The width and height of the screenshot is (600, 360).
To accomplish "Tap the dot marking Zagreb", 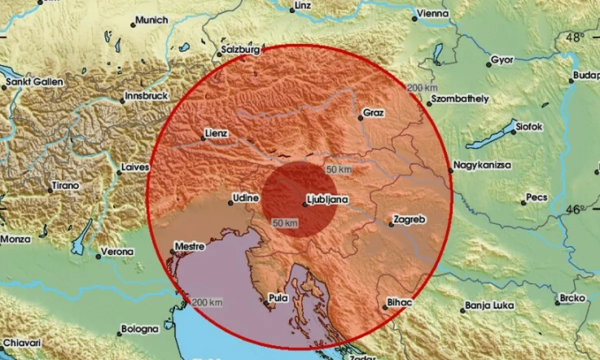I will click(391, 225).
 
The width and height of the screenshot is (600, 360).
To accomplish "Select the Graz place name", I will click(373, 113).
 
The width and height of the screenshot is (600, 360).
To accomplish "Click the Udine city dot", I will click(230, 202).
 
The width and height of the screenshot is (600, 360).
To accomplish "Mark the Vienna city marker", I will click(414, 19).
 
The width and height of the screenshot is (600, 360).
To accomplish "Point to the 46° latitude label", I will click(575, 209).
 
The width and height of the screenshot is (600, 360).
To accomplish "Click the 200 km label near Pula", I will click(207, 302).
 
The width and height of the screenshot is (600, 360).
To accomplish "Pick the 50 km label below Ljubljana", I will click(285, 222).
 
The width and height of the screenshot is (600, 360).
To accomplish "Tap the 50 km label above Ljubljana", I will click(338, 169).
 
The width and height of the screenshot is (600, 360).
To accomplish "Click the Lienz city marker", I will click(203, 138).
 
